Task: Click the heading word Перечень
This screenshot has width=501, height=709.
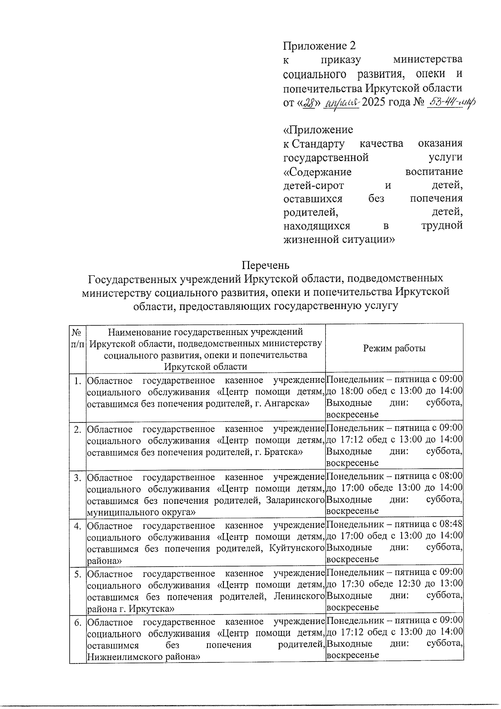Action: [266, 265]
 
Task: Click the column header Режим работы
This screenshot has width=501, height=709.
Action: [394, 348]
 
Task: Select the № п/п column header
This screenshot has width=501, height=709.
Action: [77, 339]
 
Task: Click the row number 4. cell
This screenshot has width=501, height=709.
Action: [77, 525]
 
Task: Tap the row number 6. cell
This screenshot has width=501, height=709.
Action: [77, 623]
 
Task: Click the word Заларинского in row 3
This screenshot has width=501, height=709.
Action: [295, 500]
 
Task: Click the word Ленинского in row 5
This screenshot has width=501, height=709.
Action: [299, 595]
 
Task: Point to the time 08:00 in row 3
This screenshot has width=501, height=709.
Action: [451, 476]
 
